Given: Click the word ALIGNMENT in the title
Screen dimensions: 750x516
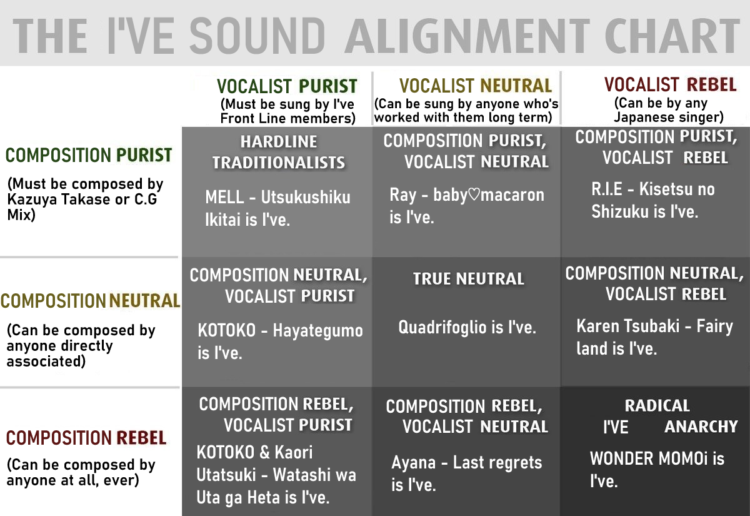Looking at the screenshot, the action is pos(467,36).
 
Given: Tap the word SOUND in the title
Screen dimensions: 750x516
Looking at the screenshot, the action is pos(257,36).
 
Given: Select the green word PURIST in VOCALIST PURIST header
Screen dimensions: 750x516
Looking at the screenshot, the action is pos(328,86).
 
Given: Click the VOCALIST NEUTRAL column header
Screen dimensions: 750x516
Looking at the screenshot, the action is pos(476,86).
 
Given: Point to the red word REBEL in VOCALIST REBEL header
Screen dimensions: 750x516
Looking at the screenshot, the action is pos(711,84).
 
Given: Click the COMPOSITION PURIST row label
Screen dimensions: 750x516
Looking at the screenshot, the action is pos(89,155).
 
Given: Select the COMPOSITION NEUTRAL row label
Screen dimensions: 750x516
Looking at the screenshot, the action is pos(91,301).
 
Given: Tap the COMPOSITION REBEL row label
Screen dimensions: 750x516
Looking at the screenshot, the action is pos(86,438).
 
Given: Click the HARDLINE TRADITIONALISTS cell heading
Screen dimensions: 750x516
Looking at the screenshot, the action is pos(279,152).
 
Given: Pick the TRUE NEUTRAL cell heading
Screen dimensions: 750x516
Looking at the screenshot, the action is pos(468,279).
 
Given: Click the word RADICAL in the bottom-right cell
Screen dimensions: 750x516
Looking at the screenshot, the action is pos(657,406).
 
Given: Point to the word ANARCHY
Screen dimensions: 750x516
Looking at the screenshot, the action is pos(701,427).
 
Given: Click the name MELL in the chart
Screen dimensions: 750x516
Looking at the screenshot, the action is pos(224,197).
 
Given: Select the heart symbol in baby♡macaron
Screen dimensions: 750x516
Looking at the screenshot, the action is pos(474,195).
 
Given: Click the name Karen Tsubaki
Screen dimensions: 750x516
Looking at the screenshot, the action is pos(627,326).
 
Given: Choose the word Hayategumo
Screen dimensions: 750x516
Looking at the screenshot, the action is pos(317,331).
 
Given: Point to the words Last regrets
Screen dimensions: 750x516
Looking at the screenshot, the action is pos(497,463).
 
